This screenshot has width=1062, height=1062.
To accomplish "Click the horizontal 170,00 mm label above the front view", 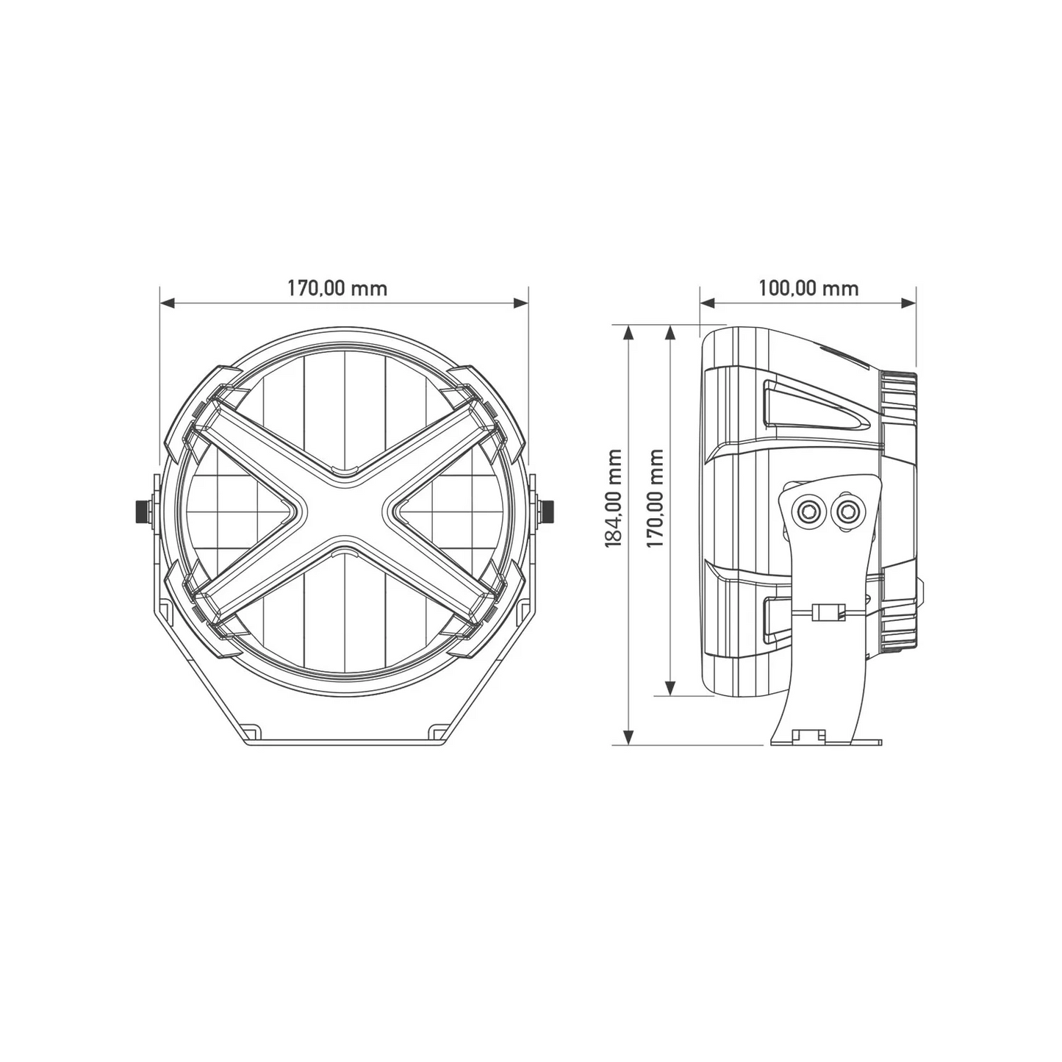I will coord(337,287).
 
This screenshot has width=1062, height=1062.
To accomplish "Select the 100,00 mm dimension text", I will coord(808,287).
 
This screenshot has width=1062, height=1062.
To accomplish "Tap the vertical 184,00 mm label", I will coord(613,498).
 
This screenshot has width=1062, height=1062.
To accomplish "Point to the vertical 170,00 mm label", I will coord(655,498).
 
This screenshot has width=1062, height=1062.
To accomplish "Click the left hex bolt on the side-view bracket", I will coord(810,510).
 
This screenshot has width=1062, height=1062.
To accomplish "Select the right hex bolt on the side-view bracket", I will coord(847,510).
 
